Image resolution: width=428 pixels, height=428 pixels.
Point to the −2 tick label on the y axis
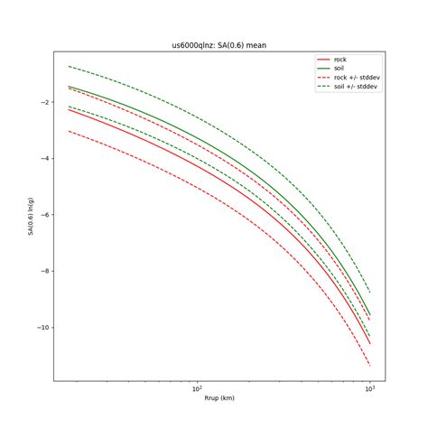pos(44,102)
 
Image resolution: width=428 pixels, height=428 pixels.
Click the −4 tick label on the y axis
pos(44,159)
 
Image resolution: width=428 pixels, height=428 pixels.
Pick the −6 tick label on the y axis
pos(44,215)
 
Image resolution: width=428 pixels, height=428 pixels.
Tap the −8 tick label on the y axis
pos(44,271)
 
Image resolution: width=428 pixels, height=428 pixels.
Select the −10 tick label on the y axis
pos(42,327)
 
